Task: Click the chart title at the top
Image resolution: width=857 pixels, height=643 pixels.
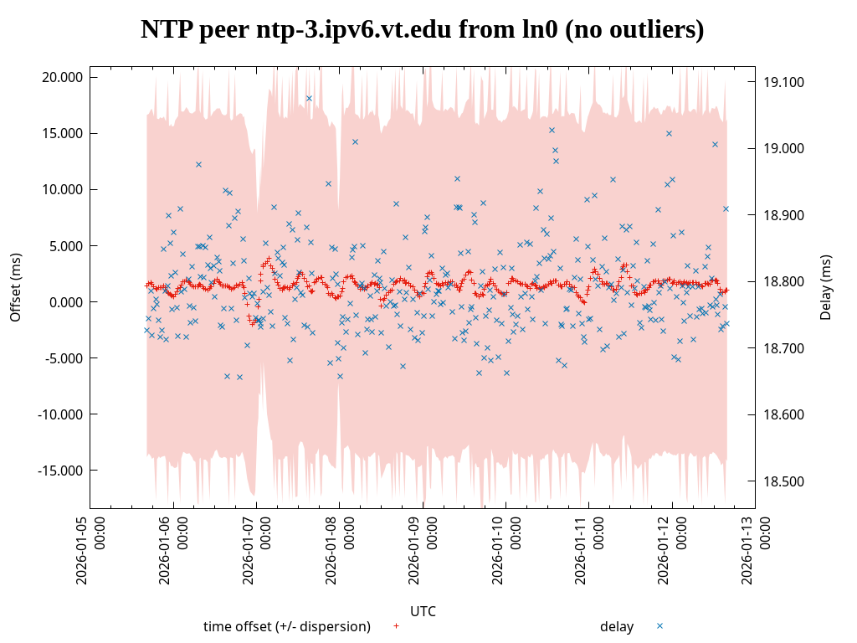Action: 422,30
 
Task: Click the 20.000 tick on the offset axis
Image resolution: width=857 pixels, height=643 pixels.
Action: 64,77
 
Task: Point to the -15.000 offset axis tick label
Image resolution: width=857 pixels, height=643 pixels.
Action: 61,471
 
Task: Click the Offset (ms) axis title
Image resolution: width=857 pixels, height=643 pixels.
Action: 15,287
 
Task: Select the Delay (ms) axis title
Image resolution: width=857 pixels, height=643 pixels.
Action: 826,287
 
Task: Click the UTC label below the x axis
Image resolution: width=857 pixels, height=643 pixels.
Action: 423,611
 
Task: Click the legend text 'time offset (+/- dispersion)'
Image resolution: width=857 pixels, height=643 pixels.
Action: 287,626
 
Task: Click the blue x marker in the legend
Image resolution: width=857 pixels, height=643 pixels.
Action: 659,625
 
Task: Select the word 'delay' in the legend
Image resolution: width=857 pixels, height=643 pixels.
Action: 617,626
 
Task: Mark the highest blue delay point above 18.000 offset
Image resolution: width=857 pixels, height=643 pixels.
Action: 309,98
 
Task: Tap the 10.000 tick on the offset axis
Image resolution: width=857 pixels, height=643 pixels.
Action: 64,189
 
